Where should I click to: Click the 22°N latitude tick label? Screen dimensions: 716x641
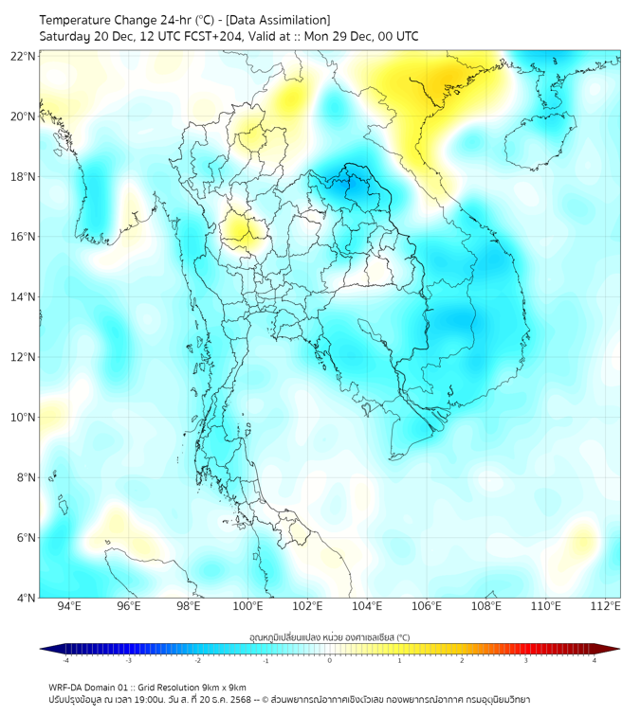click(x=24, y=56)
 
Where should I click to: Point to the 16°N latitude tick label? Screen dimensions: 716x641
click(x=24, y=237)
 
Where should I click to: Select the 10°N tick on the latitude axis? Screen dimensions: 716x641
click(x=24, y=418)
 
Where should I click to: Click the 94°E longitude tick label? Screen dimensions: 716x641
click(x=69, y=606)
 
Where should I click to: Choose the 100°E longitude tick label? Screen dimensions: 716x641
click(x=247, y=606)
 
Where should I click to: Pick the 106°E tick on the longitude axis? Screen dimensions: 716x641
click(x=427, y=606)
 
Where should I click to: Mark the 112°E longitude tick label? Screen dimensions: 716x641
click(x=606, y=606)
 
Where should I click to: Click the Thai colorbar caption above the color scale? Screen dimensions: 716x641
click(x=329, y=636)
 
